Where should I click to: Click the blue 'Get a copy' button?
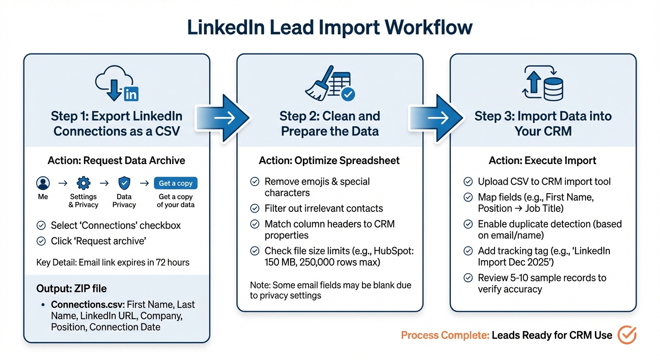176,183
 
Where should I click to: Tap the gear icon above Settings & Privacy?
83,183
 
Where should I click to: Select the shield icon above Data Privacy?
124,183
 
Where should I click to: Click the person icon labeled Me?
43,183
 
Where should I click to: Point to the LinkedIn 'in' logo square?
131,94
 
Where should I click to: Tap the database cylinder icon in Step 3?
554,89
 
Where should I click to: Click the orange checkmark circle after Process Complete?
627,335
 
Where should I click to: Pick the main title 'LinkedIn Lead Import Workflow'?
330,28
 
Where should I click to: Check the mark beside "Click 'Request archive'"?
41,241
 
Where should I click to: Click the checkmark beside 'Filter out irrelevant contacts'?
255,209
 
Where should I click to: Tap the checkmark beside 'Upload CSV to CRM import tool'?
468,182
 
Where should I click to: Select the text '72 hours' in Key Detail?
172,262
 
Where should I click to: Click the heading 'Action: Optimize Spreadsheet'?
329,161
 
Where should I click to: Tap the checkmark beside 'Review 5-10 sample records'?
468,278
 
